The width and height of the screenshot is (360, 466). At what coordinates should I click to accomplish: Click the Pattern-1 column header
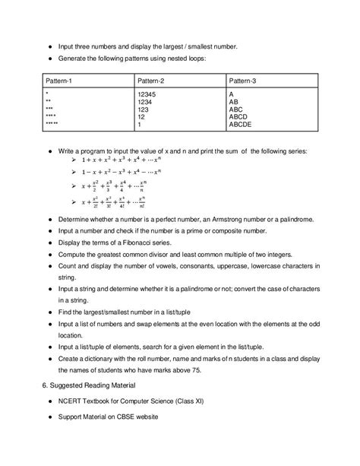tap(60, 80)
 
